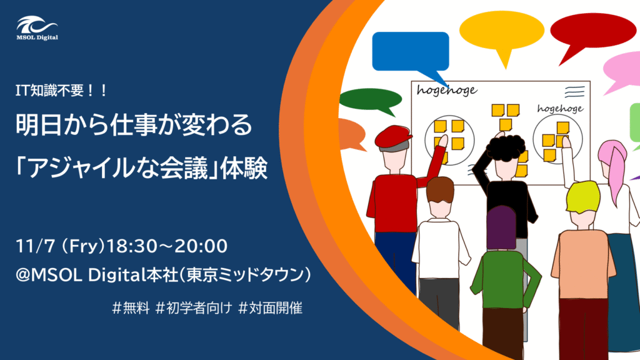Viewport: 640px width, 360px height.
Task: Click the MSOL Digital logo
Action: click(x=37, y=28)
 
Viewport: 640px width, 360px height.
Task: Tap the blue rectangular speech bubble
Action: click(x=411, y=53)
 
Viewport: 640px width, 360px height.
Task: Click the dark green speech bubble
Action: click(x=371, y=100)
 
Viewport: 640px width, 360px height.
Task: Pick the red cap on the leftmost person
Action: click(x=392, y=136)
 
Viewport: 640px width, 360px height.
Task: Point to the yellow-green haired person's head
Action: click(x=584, y=204)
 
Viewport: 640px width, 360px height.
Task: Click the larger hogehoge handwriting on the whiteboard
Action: click(x=447, y=91)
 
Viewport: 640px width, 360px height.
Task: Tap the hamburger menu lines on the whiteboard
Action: click(x=575, y=92)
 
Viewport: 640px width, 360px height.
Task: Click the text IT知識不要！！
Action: click(x=61, y=90)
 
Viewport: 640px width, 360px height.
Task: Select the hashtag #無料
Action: click(x=131, y=308)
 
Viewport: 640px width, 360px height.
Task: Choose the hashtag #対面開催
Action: click(x=270, y=308)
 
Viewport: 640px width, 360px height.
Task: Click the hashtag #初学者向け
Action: click(x=194, y=308)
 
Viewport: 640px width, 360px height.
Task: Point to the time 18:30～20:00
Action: click(x=166, y=246)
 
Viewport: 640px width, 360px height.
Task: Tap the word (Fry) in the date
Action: click(x=83, y=246)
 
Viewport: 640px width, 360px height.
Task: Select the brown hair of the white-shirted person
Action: click(x=440, y=190)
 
